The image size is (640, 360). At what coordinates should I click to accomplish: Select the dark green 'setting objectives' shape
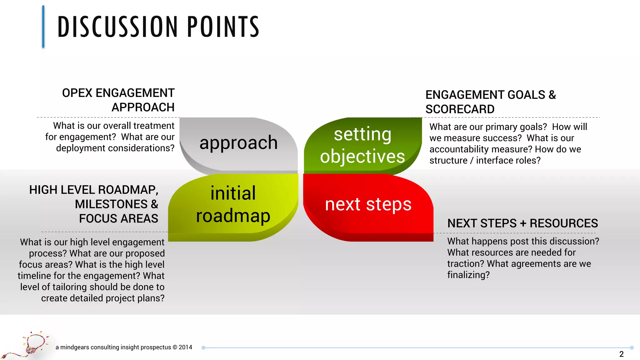[362, 145]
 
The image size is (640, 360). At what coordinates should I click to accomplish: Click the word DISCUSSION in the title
[117, 27]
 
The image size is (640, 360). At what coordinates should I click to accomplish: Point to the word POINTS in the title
[223, 27]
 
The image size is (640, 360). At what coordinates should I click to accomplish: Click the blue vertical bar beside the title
[43, 27]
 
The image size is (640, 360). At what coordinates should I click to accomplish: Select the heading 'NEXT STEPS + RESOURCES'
[522, 223]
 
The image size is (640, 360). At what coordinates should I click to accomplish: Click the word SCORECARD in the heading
[460, 109]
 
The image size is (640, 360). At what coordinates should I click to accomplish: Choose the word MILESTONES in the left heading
[111, 204]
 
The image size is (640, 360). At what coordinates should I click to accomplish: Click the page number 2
[621, 354]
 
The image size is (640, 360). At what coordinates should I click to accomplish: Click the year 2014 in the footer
[185, 347]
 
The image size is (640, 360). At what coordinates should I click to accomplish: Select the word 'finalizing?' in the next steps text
[468, 275]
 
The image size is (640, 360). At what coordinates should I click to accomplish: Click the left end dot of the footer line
[203, 347]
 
